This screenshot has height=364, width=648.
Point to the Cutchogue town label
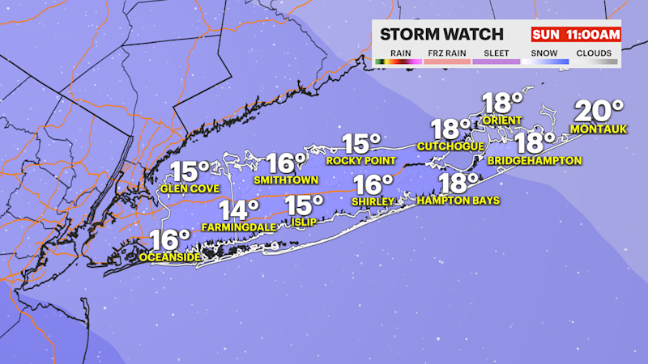click(x=450, y=146)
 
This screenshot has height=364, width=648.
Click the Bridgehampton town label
click(x=535, y=160)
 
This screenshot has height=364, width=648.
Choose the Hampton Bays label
click(x=458, y=200)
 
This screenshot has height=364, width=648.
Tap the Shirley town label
click(x=373, y=201)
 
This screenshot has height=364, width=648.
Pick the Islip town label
click(x=301, y=219)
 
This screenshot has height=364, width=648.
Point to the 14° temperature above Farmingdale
click(x=239, y=210)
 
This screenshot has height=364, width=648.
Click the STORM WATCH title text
click(x=441, y=34)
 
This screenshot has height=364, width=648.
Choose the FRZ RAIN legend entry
click(x=446, y=54)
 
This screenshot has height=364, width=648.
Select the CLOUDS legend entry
click(x=594, y=54)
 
